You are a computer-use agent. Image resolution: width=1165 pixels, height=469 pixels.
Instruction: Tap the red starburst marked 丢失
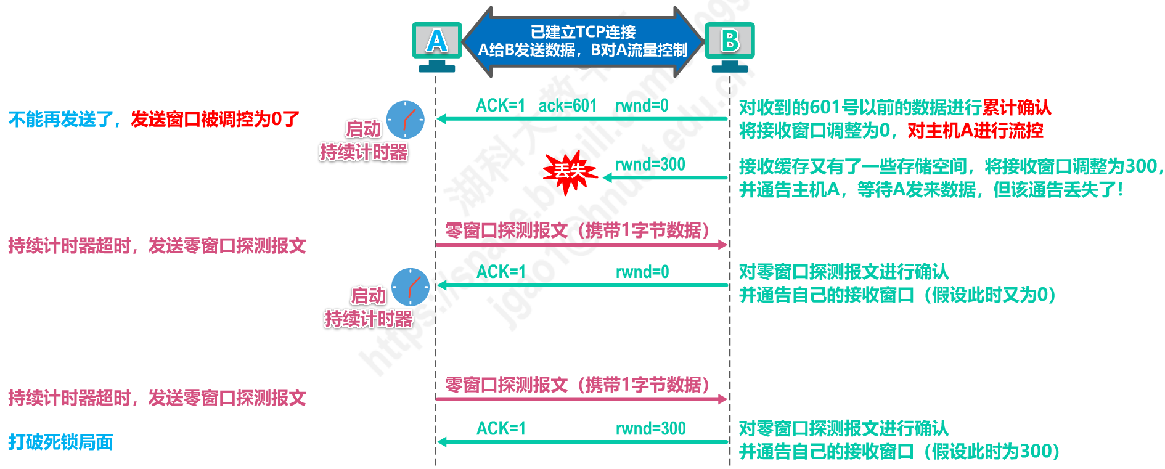click(x=570, y=172)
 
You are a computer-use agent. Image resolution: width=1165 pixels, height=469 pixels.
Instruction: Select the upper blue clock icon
click(x=406, y=120)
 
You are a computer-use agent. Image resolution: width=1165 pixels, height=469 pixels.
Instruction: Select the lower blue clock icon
click(x=411, y=287)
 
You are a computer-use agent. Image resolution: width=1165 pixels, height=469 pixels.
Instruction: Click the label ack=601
click(x=568, y=106)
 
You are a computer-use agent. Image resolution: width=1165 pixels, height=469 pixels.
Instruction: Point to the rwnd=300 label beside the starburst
click(x=650, y=165)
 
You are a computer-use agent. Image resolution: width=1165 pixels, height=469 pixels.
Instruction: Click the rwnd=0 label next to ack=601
click(x=642, y=106)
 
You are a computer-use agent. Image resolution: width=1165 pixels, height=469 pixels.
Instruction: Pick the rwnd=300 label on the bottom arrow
click(x=651, y=428)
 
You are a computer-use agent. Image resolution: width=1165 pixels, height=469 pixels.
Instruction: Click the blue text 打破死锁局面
click(x=60, y=442)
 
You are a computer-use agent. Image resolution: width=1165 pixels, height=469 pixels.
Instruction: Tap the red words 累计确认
click(x=1016, y=107)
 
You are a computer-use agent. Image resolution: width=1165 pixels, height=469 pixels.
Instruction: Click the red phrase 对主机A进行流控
click(x=975, y=131)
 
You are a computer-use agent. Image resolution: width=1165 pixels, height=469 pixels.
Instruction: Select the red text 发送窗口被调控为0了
click(x=215, y=119)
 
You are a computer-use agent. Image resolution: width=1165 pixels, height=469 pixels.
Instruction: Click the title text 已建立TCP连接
click(x=583, y=32)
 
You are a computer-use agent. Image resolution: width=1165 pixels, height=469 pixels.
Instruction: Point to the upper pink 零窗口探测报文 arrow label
click(x=577, y=230)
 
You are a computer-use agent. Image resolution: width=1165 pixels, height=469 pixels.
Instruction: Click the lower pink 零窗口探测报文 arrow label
click(x=577, y=385)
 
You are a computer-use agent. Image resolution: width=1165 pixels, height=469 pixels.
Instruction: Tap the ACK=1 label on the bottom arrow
click(x=501, y=428)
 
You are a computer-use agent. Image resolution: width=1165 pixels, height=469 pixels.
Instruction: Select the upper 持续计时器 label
click(x=364, y=152)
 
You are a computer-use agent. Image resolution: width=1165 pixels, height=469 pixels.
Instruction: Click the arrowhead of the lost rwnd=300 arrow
click(x=607, y=177)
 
